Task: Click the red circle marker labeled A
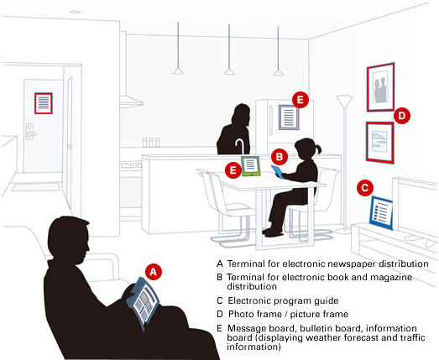point(154,272)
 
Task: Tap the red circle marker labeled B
point(280,157)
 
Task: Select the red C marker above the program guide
point(365,188)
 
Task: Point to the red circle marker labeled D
point(402,116)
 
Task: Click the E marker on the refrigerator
point(301,100)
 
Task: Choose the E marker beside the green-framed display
point(233,170)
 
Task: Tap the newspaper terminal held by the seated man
point(143,303)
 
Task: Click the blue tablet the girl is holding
point(278,171)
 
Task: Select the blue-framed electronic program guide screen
point(381,213)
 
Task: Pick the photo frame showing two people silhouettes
point(380,87)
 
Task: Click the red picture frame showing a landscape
point(380,143)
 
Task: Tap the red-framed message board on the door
point(44,103)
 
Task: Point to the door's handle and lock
point(30,131)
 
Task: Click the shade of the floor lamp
point(344,101)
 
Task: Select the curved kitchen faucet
point(240,146)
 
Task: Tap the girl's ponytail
point(318,149)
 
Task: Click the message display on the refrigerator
point(289,117)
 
